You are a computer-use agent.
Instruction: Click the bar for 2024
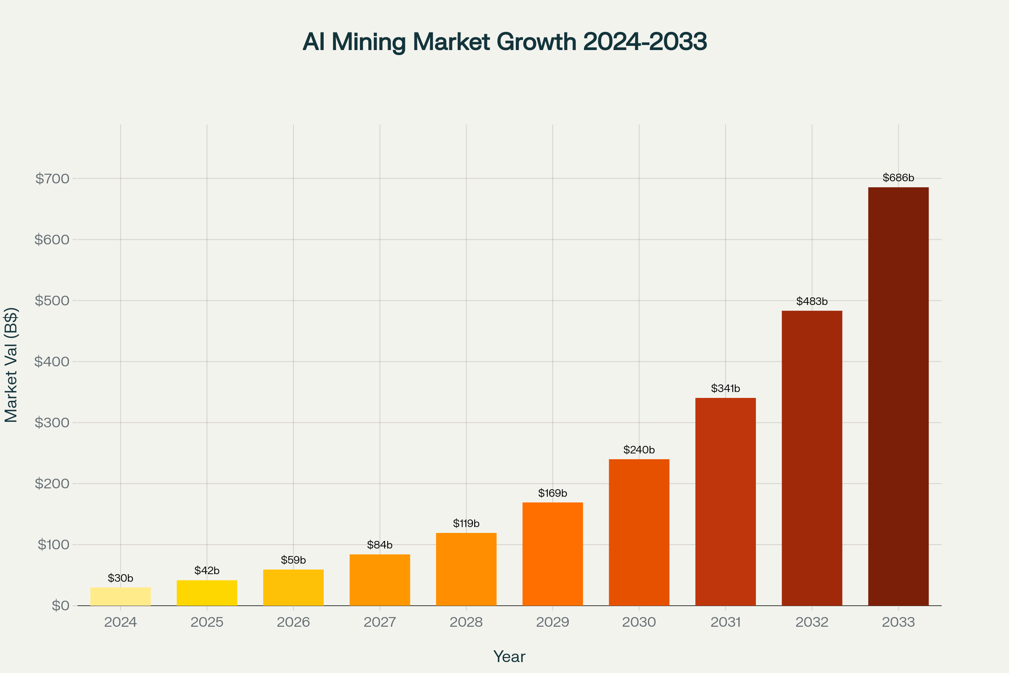click(121, 596)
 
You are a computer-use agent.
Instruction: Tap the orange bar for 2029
click(552, 554)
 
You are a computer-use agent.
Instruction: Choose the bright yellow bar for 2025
click(207, 593)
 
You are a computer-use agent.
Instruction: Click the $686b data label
click(898, 178)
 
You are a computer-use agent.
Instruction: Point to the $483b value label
click(812, 301)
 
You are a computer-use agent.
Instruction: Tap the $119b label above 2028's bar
click(466, 523)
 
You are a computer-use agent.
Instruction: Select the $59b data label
click(293, 560)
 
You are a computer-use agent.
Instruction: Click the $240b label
click(639, 450)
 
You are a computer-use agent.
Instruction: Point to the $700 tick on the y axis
click(52, 178)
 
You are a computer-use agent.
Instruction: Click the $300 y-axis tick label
click(52, 423)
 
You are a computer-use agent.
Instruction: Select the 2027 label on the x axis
click(380, 622)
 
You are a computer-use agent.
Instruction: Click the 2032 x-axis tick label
click(812, 622)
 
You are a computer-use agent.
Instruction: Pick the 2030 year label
click(639, 622)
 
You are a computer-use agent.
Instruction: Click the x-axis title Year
click(509, 657)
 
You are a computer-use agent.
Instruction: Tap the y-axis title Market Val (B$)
click(11, 365)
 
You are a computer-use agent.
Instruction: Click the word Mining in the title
click(369, 42)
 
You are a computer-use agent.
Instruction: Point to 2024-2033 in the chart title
click(645, 42)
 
